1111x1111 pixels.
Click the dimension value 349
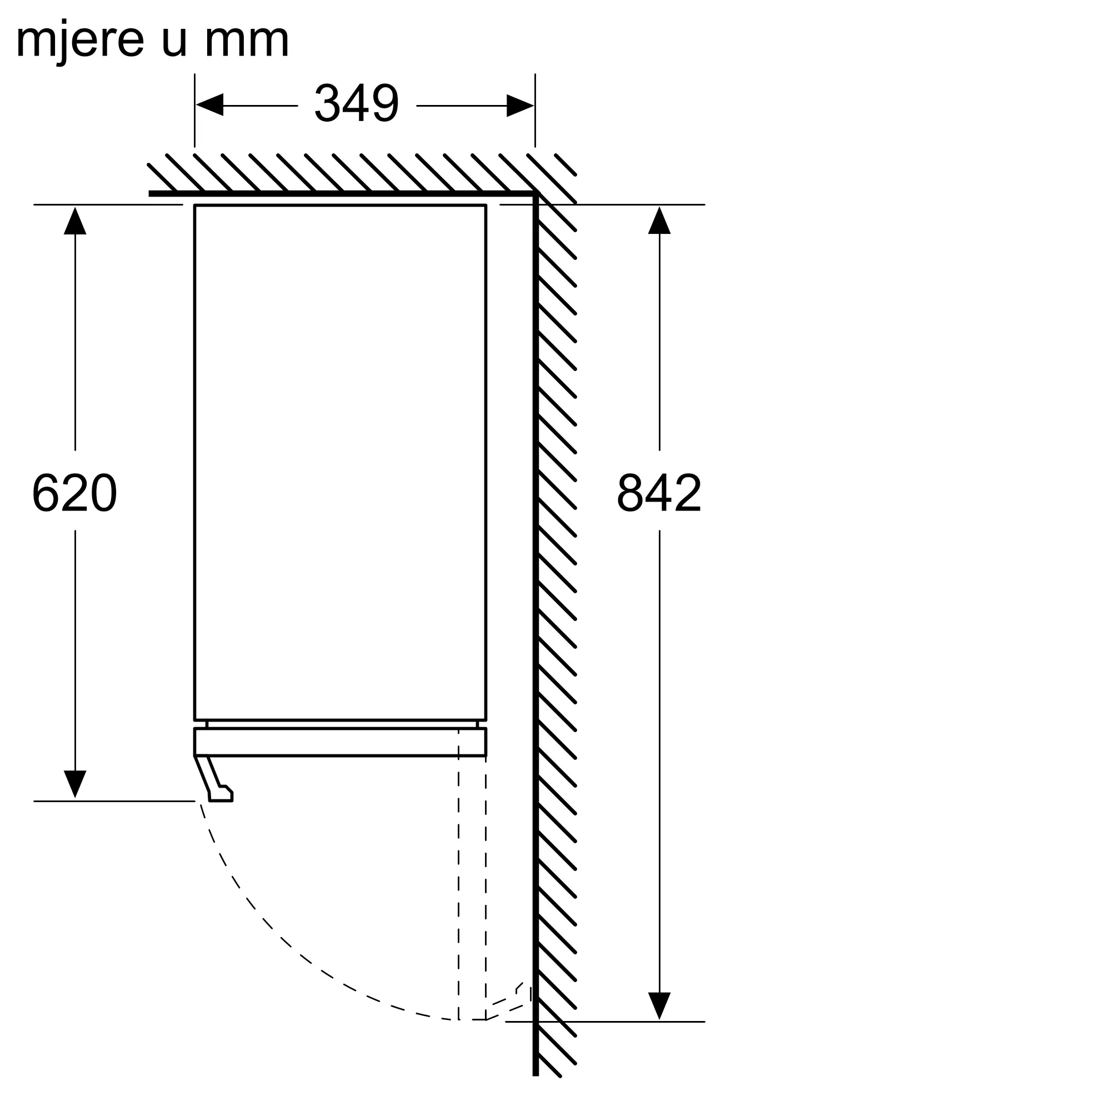click(356, 103)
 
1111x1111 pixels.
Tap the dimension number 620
click(75, 492)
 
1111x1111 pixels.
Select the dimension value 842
click(659, 492)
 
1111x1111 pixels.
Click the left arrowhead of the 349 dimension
click(209, 105)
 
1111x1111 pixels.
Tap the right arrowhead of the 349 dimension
click(520, 105)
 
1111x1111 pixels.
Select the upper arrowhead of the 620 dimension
click(75, 221)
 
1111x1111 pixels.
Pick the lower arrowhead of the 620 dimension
click(75, 784)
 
